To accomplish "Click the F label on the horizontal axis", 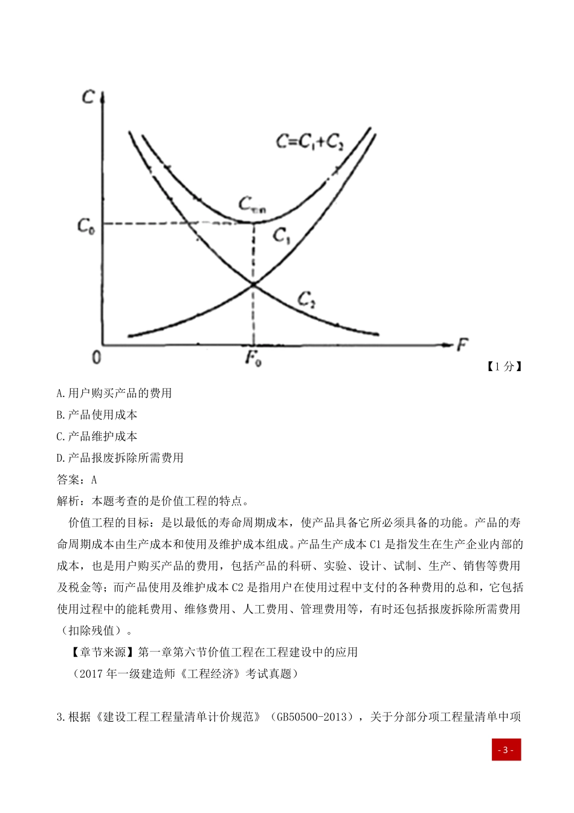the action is tap(462, 345).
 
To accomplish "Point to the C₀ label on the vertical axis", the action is tap(86, 226).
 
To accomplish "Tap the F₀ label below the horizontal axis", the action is tap(253, 358).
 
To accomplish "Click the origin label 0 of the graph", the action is tap(97, 358).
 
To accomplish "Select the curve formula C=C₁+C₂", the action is tap(309, 141).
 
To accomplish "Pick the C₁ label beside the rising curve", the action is tap(282, 236).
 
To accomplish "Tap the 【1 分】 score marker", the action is tap(503, 366).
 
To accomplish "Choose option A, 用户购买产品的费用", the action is tap(114, 394).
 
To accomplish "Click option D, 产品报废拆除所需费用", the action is tap(120, 458).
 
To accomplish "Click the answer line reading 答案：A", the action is tap(77, 480).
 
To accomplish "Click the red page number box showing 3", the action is tap(506, 750).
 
